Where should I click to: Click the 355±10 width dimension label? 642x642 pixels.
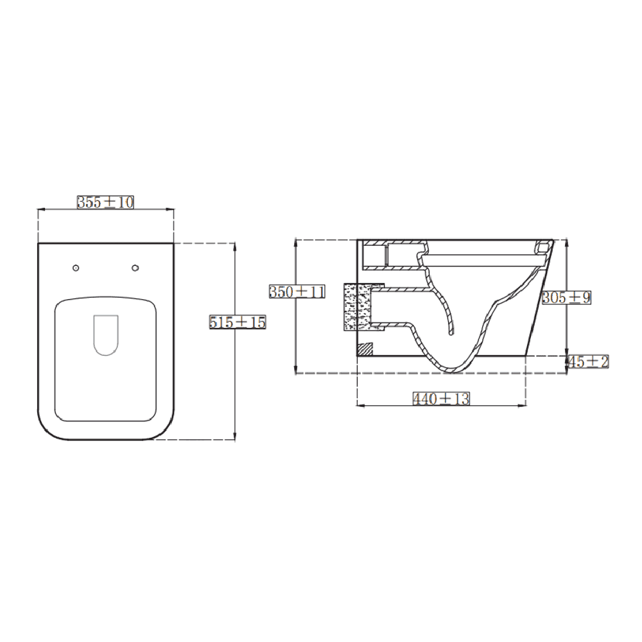tap(105, 202)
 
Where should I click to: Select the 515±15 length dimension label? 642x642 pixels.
tap(238, 322)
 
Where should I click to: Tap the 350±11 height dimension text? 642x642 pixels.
tap(297, 291)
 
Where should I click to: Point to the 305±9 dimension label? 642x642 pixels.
tap(566, 297)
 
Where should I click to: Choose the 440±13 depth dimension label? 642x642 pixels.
tap(441, 399)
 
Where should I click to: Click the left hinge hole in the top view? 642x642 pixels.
tap(76, 267)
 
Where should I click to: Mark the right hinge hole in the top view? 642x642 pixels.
tap(135, 267)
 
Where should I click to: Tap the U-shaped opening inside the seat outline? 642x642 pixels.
tap(106, 334)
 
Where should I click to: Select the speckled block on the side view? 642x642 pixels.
tap(358, 308)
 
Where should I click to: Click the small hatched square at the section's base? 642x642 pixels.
tap(364, 349)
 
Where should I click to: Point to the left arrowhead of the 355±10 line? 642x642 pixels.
tap(40, 209)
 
